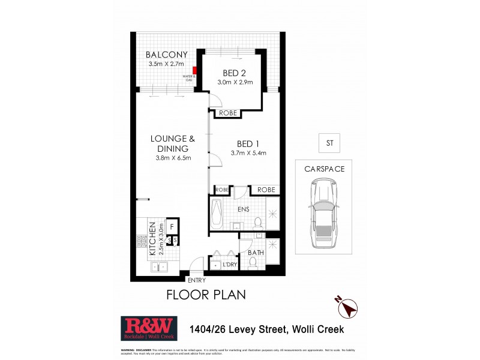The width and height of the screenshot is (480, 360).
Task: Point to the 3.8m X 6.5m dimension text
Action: [x=170, y=158]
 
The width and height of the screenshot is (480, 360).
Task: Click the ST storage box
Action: [x=329, y=143]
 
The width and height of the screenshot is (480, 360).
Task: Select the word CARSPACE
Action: [x=323, y=169]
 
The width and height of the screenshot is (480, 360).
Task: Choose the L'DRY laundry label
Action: [x=228, y=265]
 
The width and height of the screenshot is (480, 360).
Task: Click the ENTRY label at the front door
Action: [x=196, y=280]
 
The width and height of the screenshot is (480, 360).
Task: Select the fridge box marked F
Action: [x=172, y=227]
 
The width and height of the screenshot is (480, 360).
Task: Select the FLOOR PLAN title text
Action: [x=205, y=295]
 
